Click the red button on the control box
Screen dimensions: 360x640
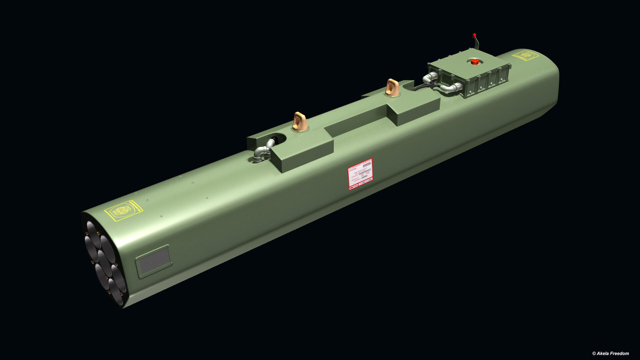click(x=474, y=61)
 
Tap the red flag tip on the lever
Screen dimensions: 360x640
click(x=474, y=35)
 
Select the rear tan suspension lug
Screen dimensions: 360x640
click(x=392, y=87)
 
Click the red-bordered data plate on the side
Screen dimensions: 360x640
click(x=360, y=174)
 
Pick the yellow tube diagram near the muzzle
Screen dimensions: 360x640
click(x=123, y=210)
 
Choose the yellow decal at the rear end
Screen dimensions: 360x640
click(x=525, y=55)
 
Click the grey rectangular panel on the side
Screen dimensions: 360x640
click(x=154, y=261)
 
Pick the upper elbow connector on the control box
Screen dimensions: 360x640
click(x=430, y=77)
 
